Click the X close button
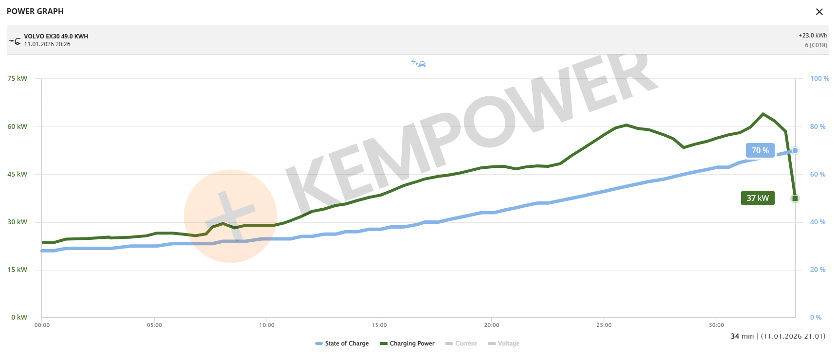point(819,12)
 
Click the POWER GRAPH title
point(35,11)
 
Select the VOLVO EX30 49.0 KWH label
point(56,36)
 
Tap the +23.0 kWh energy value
point(813,36)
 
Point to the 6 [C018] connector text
point(816,45)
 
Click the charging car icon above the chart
point(418,63)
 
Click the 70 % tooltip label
point(760,150)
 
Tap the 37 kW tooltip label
point(757,198)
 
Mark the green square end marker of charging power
point(795,198)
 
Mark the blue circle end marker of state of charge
point(795,150)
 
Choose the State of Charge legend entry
point(342,343)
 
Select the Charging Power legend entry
point(407,343)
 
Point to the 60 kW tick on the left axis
point(18,126)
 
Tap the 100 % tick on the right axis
point(819,78)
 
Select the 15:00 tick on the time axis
point(379,325)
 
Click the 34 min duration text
point(742,336)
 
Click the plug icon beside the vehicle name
point(15,41)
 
